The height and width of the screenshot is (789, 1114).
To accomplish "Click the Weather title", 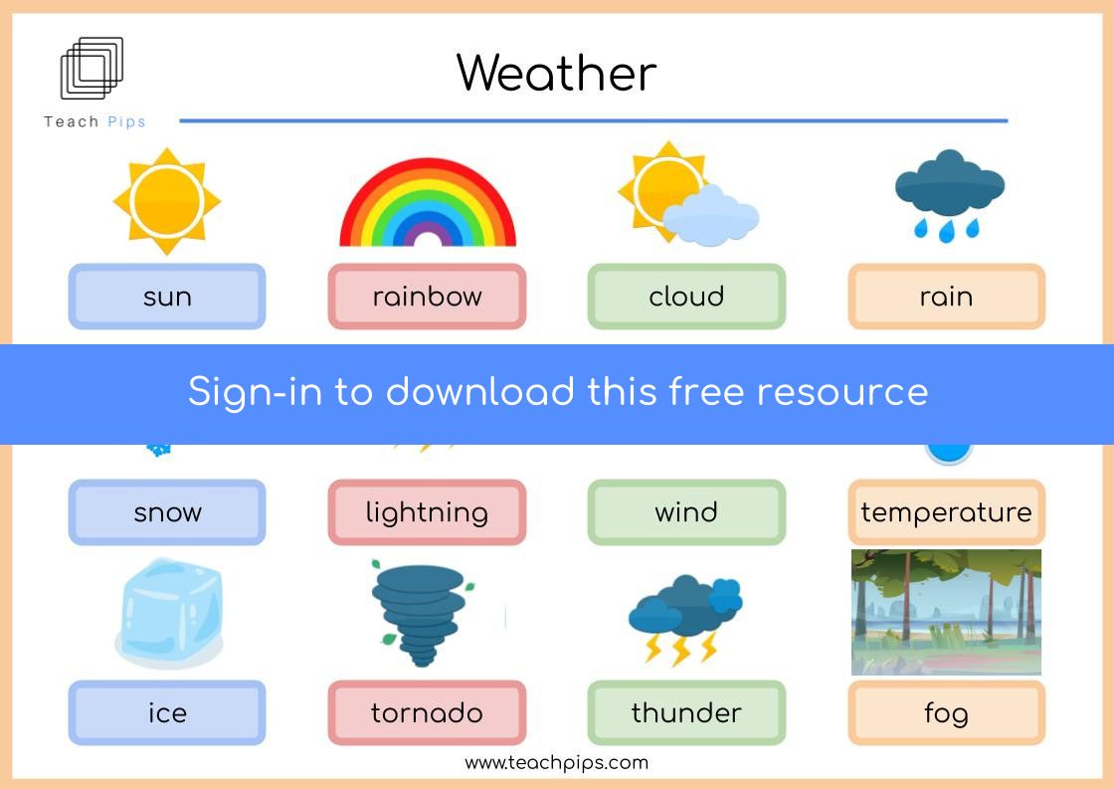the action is pos(556,73).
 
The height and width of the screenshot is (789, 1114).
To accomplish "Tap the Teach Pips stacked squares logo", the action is pos(92,69).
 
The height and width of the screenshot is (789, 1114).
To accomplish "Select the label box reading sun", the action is pos(167,296).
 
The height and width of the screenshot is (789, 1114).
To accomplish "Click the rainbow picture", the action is pos(428,203).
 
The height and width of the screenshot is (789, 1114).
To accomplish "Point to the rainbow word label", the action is pos(427,296).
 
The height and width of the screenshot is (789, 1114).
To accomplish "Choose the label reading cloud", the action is pos(686,296).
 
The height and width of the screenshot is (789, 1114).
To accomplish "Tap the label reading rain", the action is pos(946,296).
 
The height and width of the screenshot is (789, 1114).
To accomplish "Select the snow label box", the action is pos(167,511).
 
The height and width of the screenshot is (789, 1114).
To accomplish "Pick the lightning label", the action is pos(427,511).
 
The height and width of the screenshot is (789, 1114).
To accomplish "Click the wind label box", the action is pos(686,511).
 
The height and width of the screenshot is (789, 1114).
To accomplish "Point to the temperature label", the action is pos(946,511).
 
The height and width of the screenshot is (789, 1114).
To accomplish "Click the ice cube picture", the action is pos(169,614).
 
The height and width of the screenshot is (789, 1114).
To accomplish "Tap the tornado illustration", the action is pos(422,614).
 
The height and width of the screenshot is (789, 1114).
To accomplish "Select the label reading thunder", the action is pos(686,713).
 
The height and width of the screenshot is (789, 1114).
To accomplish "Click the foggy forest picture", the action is pos(946,612).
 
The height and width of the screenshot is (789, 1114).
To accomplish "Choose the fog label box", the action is pos(946,713).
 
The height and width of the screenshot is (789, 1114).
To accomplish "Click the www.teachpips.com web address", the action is pos(556,763).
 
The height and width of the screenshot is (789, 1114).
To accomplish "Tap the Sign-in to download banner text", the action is pos(558,392).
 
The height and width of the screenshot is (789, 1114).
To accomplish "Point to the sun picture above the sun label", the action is pos(167,201).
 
